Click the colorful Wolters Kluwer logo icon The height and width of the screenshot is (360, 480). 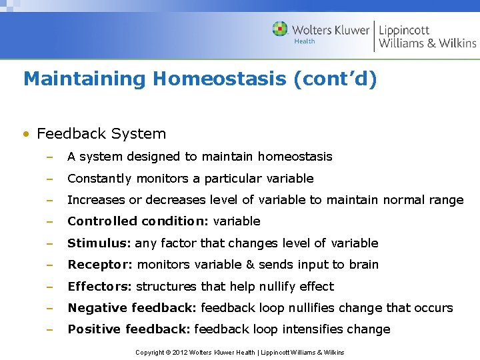[x=280, y=29]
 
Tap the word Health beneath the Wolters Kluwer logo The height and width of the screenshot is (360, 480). [x=305, y=41]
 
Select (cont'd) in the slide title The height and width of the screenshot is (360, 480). [x=335, y=79]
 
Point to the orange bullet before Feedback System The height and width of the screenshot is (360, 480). [x=26, y=134]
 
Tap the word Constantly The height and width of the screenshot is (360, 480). [x=99, y=179]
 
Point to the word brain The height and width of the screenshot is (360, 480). [x=363, y=265]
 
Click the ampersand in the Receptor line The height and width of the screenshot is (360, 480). [x=250, y=265]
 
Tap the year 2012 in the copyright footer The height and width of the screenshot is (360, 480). [x=179, y=352]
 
